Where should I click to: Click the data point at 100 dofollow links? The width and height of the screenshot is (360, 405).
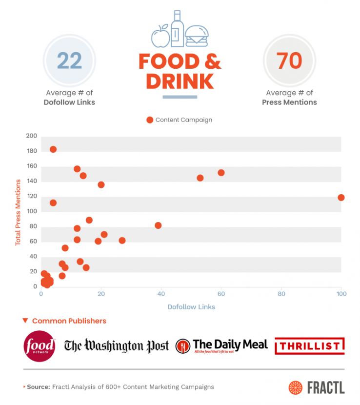point(341,198)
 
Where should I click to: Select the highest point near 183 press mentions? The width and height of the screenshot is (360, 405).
point(53,149)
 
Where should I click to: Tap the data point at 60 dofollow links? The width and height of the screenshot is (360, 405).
point(221,173)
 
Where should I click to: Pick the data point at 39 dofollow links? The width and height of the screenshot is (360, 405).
point(158,225)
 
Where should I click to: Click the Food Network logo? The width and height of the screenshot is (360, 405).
point(40,346)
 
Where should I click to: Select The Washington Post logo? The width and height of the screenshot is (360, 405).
point(117,346)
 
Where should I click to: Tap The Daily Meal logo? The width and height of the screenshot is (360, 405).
point(222,346)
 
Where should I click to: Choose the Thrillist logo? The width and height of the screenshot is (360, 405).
point(310,346)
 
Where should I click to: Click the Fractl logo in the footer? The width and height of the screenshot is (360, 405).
point(317,387)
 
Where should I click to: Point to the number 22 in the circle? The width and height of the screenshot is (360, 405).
point(70,61)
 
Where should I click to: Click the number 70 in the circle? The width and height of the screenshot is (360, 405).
point(289,61)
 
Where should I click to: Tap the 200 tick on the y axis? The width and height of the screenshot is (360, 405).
point(32,136)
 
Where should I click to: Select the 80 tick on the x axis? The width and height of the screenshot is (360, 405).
point(281,294)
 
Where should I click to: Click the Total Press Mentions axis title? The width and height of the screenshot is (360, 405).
point(18,212)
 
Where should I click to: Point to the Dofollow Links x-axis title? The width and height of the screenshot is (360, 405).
point(191,307)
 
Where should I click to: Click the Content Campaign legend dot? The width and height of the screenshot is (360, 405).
point(150,120)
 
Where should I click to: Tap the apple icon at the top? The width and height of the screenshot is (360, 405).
point(160,36)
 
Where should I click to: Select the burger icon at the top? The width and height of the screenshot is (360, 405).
point(197,36)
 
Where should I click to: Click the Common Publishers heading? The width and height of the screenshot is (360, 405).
point(69,321)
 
